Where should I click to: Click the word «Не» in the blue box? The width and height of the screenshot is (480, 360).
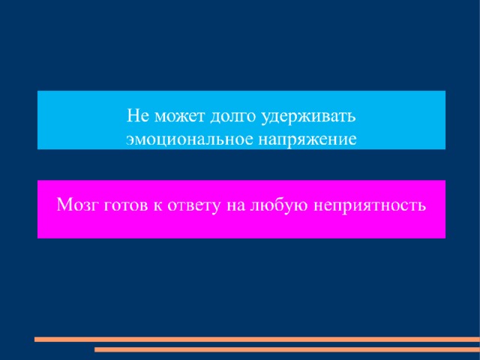pyautogui.click(x=137, y=116)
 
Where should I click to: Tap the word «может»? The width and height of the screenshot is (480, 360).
pyautogui.click(x=179, y=117)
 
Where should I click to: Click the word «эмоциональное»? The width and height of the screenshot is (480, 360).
pyautogui.click(x=190, y=139)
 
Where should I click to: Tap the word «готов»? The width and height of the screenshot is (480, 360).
pyautogui.click(x=126, y=205)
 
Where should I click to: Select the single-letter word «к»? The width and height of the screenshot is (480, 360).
pyautogui.click(x=157, y=205)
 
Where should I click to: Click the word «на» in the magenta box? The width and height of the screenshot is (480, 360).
pyautogui.click(x=235, y=205)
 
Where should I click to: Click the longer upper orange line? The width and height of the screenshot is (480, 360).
pyautogui.click(x=257, y=339)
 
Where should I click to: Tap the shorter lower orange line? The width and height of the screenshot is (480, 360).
pyautogui.click(x=287, y=349)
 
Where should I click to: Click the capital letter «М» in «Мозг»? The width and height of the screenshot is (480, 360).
pyautogui.click(x=65, y=205)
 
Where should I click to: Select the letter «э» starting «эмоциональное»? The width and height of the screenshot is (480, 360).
pyautogui.click(x=130, y=140)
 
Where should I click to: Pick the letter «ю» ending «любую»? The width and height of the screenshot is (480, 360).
pyautogui.click(x=301, y=206)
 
